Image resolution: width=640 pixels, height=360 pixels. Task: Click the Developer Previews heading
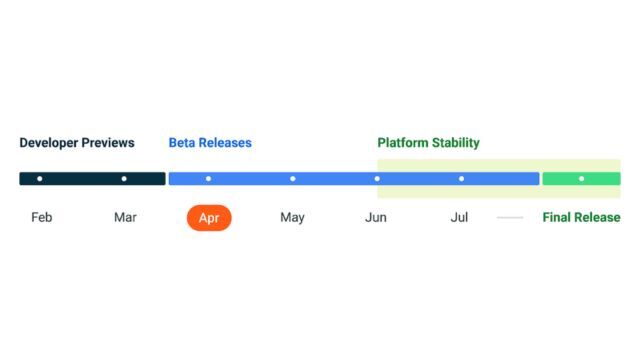point(76,143)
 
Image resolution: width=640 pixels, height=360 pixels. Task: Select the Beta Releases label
point(210,143)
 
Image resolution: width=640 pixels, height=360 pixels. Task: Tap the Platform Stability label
point(428,143)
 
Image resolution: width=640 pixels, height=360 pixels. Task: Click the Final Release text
point(581,217)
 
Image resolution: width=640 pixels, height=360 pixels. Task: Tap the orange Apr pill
point(209,217)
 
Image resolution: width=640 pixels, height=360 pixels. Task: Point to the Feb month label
point(41,217)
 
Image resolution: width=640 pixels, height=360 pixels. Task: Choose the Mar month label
point(125,217)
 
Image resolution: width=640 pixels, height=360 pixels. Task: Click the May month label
point(292,217)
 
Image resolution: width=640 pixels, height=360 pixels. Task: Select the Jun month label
point(376,217)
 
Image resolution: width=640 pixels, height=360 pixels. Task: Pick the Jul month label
point(460,217)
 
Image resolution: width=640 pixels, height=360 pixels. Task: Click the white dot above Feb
point(40,179)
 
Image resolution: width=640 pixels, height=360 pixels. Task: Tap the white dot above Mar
point(124,179)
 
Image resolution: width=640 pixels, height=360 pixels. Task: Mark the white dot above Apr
point(208,179)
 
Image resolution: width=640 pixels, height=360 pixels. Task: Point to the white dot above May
point(293,179)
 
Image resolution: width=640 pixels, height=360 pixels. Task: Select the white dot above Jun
point(377,179)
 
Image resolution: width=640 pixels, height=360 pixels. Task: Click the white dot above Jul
point(461,179)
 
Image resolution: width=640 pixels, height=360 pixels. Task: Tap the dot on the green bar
point(581,179)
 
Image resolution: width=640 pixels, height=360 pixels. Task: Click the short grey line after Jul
point(510,218)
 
